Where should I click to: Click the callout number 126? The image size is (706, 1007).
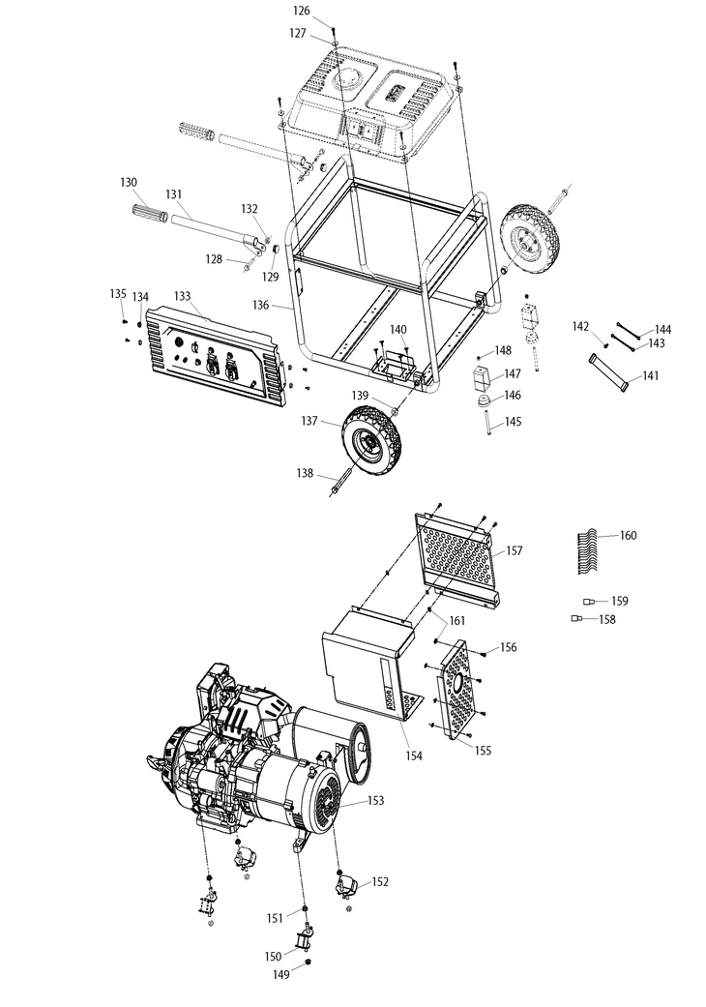coord(302,11)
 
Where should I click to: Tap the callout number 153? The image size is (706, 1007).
coord(375,800)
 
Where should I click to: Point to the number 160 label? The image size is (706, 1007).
coord(628,535)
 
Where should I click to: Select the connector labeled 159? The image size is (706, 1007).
coord(589,602)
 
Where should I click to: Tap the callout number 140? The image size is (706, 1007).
coord(398,330)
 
